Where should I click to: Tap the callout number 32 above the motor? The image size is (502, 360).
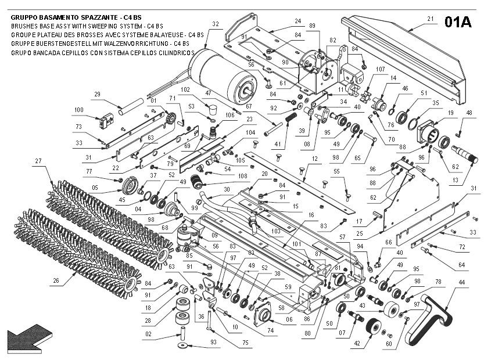(216, 24)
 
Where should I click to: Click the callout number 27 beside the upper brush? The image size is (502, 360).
(39, 161)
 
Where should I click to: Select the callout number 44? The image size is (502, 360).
(462, 282)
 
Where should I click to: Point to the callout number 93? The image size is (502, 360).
(213, 343)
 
